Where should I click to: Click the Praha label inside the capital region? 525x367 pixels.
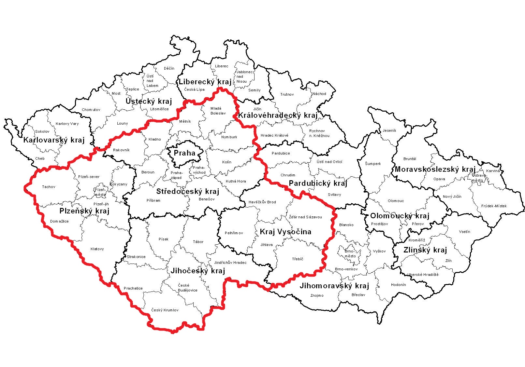pyautogui.click(x=184, y=153)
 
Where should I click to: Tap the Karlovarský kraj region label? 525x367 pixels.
pyautogui.click(x=54, y=140)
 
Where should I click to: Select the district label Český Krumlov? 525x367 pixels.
pyautogui.click(x=165, y=310)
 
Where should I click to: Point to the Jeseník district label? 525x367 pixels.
pyautogui.click(x=389, y=130)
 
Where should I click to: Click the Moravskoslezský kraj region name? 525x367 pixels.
pyautogui.click(x=435, y=169)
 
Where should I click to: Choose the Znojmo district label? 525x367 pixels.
pyautogui.click(x=317, y=295)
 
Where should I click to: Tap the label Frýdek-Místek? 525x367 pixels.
pyautogui.click(x=494, y=206)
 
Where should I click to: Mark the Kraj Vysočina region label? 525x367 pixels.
pyautogui.click(x=285, y=232)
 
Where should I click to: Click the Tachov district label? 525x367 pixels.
pyautogui.click(x=49, y=187)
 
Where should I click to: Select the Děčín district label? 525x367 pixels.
pyautogui.click(x=169, y=68)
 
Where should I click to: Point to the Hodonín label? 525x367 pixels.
pyautogui.click(x=399, y=285)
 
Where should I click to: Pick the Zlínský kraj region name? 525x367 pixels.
pyautogui.click(x=425, y=250)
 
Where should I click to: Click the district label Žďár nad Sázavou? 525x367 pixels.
pyautogui.click(x=305, y=217)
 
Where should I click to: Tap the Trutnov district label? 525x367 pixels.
pyautogui.click(x=287, y=94)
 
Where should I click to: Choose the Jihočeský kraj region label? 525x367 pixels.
pyautogui.click(x=198, y=271)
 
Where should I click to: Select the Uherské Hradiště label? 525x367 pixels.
pyautogui.click(x=423, y=275)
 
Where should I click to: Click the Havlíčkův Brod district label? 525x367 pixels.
pyautogui.click(x=262, y=202)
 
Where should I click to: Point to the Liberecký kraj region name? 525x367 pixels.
pyautogui.click(x=205, y=82)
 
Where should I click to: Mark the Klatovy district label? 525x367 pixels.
pyautogui.click(x=97, y=249)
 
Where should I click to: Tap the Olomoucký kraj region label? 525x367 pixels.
pyautogui.click(x=400, y=216)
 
